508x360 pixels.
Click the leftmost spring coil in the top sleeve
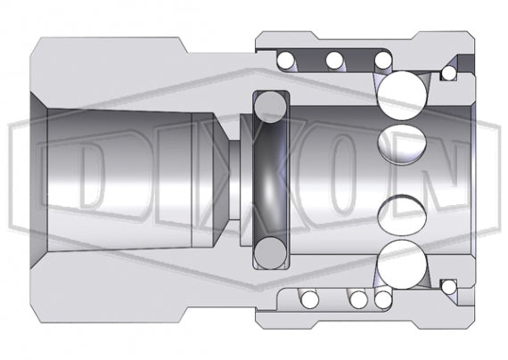pyautogui.click(x=287, y=61)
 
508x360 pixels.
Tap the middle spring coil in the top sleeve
pyautogui.click(x=334, y=61)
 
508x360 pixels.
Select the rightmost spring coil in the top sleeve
pyautogui.click(x=381, y=61)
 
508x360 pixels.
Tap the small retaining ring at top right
pyautogui.click(x=449, y=70)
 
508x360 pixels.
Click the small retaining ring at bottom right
pyautogui.click(x=449, y=289)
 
